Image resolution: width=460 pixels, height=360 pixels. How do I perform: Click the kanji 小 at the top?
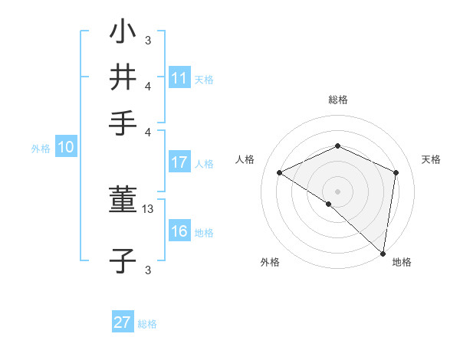pyautogui.click(x=123, y=33)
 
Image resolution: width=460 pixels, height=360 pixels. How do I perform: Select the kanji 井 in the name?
pyautogui.click(x=123, y=77)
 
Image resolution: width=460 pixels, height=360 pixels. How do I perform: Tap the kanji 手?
pyautogui.click(x=123, y=123)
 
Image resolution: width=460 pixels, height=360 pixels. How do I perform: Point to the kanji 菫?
pyautogui.click(x=123, y=201)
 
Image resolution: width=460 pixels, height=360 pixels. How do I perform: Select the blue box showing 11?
pyautogui.click(x=179, y=78)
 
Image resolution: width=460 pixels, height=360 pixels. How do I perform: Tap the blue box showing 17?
pyautogui.click(x=179, y=162)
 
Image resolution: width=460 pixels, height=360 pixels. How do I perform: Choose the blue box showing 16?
pyautogui.click(x=179, y=231)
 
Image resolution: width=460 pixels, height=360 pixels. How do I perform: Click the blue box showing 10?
pyautogui.click(x=66, y=148)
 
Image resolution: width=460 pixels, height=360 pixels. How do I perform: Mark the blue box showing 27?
pyautogui.click(x=123, y=322)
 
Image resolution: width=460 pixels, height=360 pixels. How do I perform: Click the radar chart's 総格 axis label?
pyautogui.click(x=337, y=100)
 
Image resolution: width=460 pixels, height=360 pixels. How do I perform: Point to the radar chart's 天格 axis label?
pyautogui.click(x=431, y=159)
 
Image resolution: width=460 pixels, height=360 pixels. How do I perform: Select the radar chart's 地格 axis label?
pyautogui.click(x=402, y=262)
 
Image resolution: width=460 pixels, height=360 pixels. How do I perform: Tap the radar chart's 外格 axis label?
pyautogui.click(x=270, y=262)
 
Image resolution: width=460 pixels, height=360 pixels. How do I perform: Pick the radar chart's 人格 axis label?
pyautogui.click(x=245, y=159)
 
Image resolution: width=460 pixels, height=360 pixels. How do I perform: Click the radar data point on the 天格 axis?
pyautogui.click(x=396, y=172)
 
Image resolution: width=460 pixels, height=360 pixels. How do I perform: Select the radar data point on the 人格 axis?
pyautogui.click(x=280, y=172)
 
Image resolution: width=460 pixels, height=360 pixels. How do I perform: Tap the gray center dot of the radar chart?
pyautogui.click(x=337, y=191)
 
